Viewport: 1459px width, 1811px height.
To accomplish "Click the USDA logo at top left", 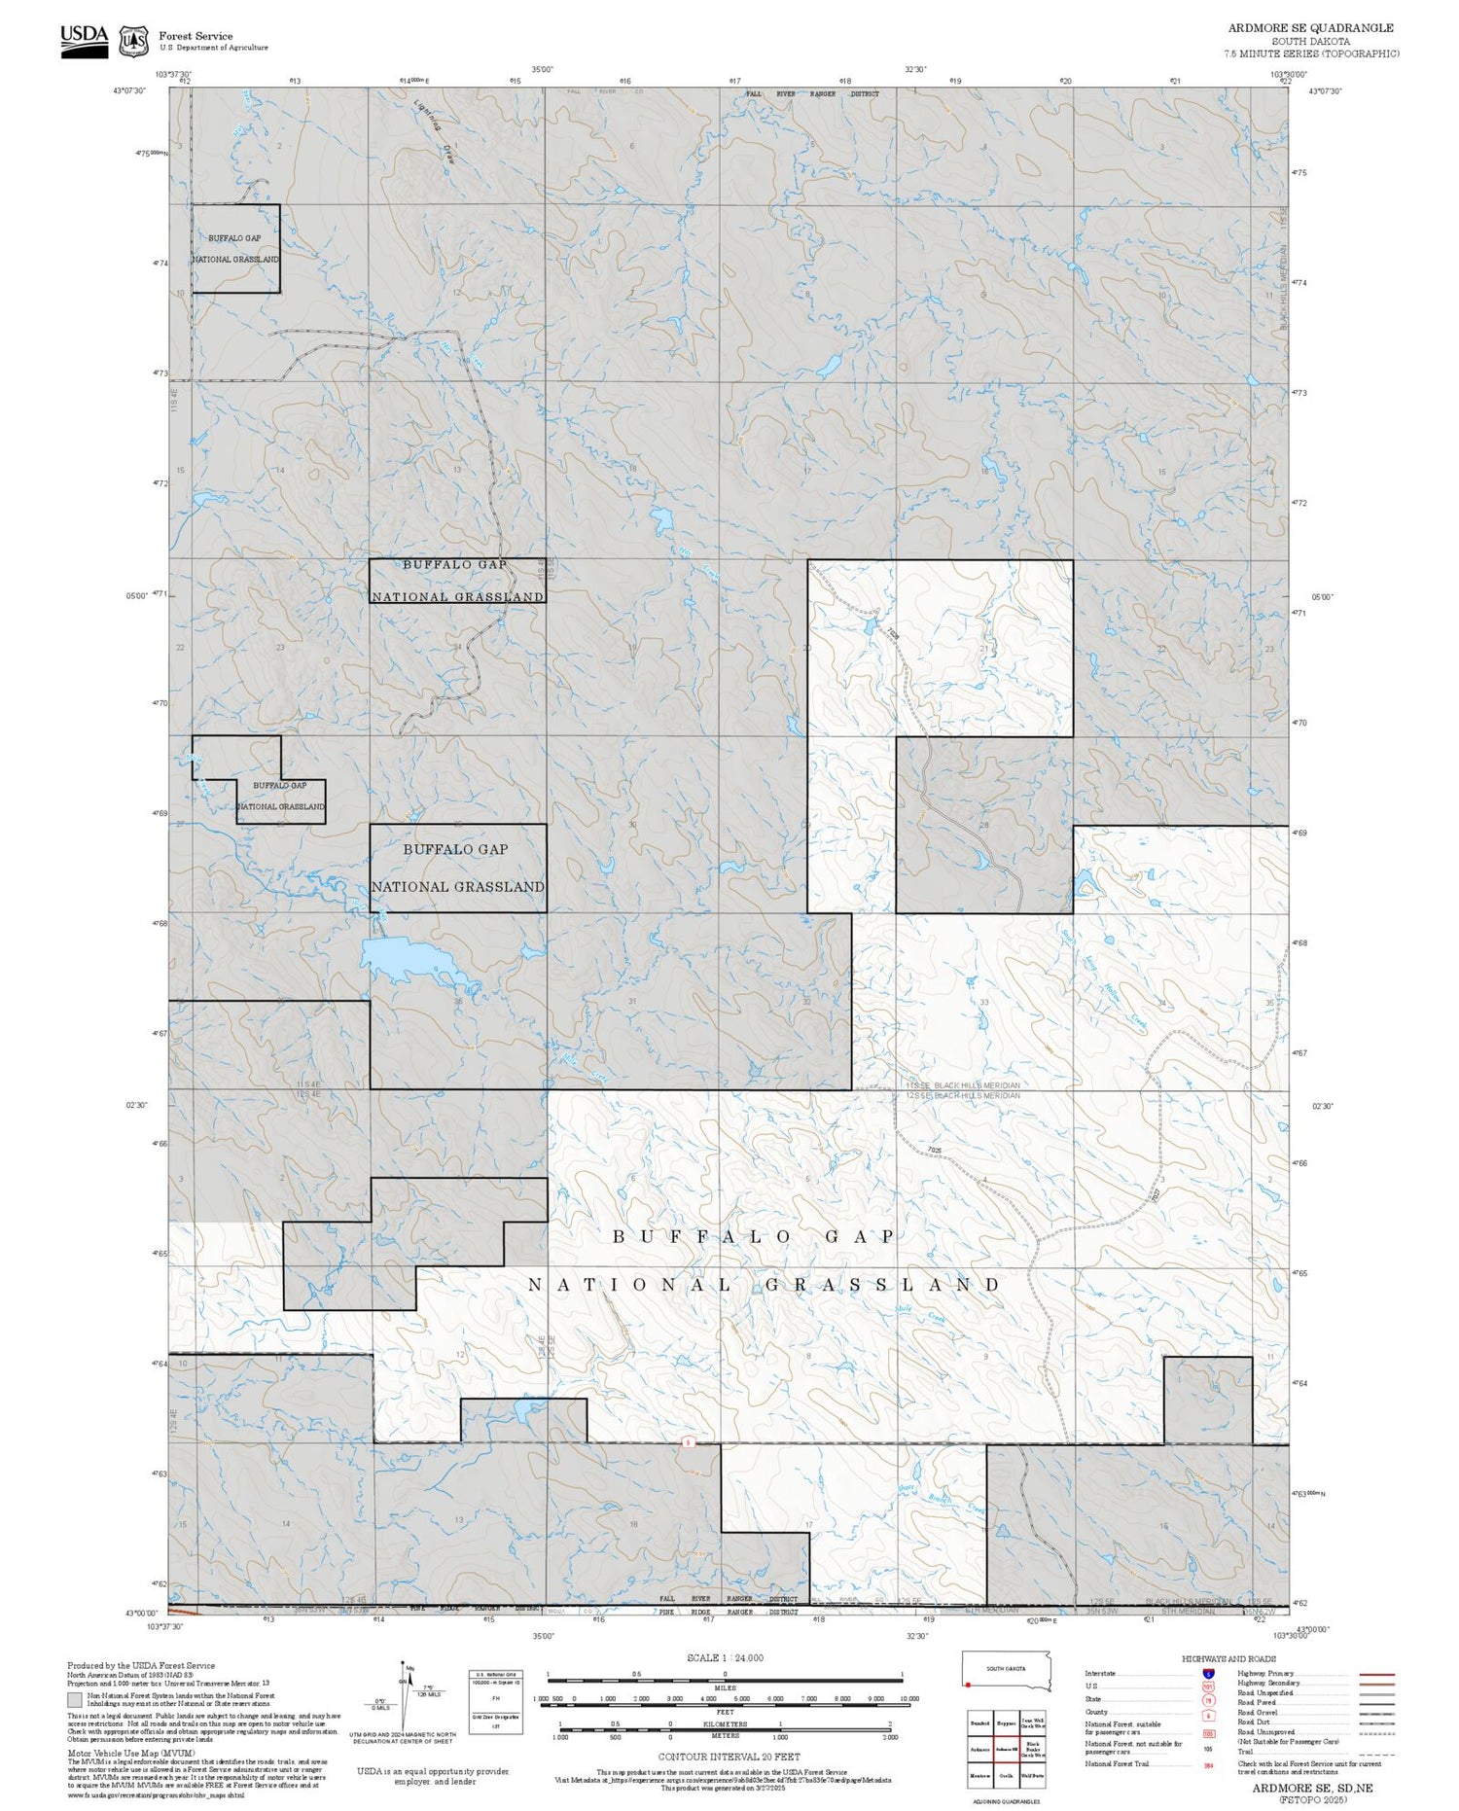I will click(84, 41).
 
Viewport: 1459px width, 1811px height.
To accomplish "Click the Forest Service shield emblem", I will click(133, 41).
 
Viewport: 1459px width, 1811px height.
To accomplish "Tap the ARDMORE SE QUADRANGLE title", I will click(1310, 28).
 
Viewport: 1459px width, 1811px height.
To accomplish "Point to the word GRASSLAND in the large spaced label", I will click(881, 1285).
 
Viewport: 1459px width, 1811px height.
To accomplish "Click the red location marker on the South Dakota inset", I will click(968, 1684).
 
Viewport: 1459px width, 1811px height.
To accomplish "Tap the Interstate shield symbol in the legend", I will click(1208, 1673).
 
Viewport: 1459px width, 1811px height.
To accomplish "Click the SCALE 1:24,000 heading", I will click(725, 1657).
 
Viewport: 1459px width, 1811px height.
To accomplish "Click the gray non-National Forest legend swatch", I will click(75, 1699).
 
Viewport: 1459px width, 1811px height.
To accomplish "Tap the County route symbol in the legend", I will click(1208, 1715).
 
